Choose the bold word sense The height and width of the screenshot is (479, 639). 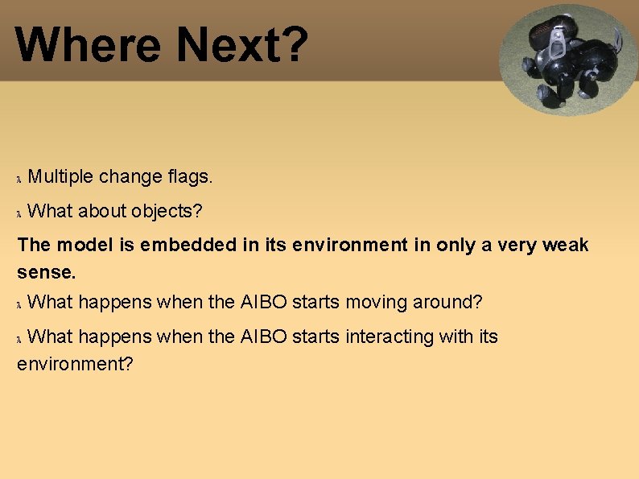[x=46, y=272]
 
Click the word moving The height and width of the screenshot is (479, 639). [x=377, y=303]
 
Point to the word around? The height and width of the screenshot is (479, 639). [x=447, y=303]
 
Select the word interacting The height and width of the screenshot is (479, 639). [x=389, y=337]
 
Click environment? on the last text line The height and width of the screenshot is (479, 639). [x=75, y=364]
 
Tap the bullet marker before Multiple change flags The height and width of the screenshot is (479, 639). [x=20, y=177]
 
